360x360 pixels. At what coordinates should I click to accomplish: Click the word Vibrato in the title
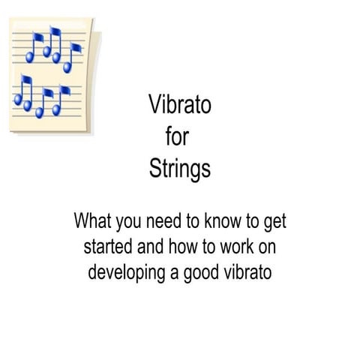(x=180, y=105)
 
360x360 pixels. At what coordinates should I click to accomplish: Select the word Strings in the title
(x=180, y=169)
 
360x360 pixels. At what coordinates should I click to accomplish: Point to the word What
(x=92, y=222)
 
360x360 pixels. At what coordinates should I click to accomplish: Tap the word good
(x=199, y=271)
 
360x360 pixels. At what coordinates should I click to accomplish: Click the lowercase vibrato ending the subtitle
(x=244, y=271)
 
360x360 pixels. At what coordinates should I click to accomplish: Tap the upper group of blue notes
(x=53, y=49)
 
